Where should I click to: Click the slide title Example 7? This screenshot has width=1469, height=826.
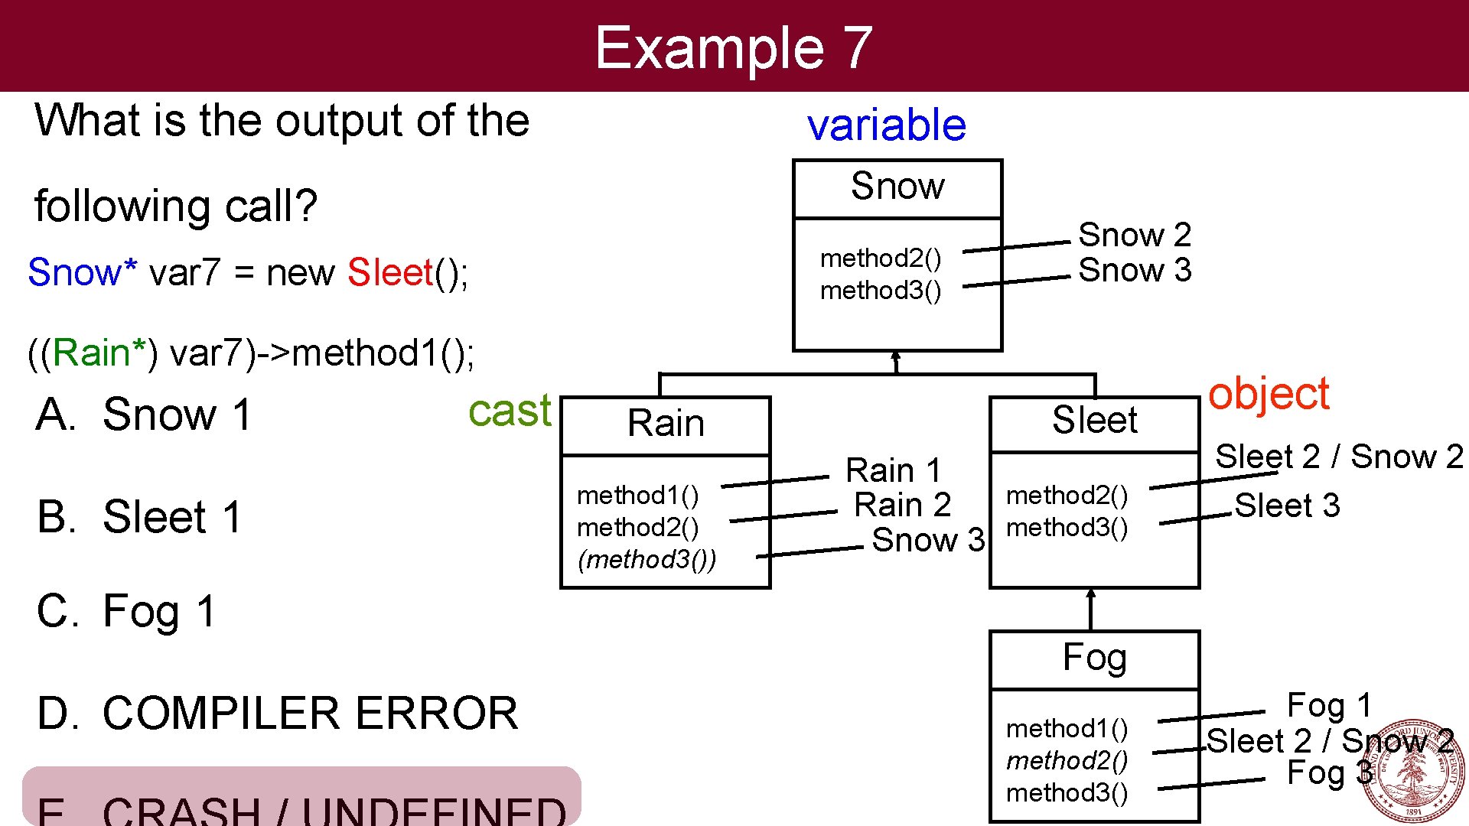pos(733,47)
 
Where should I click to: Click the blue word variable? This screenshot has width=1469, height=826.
pos(886,125)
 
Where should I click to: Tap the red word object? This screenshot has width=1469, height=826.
pos(1268,395)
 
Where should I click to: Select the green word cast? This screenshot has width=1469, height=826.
pos(509,411)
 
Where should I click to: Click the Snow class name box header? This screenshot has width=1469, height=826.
pos(897,187)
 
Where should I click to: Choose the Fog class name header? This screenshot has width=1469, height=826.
pos(1094,659)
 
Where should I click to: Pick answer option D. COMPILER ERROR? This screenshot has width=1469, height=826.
pos(277,714)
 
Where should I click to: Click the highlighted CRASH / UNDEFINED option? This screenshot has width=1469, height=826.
pos(301,799)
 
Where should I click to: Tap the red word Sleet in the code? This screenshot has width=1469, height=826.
pos(390,273)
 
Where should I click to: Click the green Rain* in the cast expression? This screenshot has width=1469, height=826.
pos(99,353)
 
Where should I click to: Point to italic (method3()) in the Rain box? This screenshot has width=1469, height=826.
pos(647,560)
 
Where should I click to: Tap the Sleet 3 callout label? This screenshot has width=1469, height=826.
pos(1287,506)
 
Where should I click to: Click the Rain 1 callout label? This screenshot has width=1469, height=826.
pos(892,470)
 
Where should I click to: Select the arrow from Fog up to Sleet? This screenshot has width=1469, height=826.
pos(1091,610)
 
